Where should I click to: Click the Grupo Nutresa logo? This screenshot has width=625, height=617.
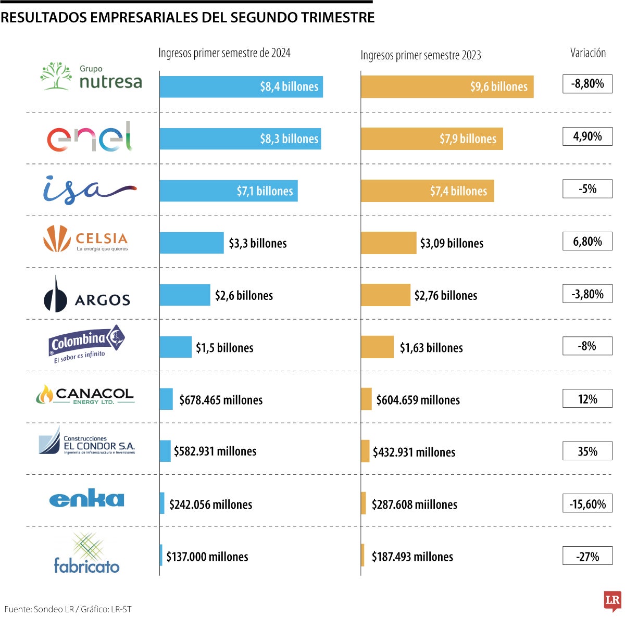click(91, 77)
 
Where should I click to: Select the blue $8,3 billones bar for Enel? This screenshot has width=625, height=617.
click(240, 139)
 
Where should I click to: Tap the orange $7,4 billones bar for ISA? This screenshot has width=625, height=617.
click(427, 191)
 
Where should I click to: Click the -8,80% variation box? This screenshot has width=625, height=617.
click(587, 84)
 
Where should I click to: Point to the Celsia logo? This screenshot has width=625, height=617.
click(85, 240)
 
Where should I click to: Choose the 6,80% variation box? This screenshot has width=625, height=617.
click(587, 242)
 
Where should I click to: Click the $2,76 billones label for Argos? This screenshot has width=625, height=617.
click(445, 296)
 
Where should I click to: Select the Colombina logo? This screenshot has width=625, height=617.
click(86, 344)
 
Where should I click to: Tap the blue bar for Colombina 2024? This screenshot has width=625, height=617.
click(176, 347)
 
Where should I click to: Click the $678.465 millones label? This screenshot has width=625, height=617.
click(221, 400)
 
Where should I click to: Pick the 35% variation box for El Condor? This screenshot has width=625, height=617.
click(587, 451)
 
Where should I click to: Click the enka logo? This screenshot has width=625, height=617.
click(86, 499)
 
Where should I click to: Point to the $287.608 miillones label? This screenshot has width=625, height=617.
click(414, 505)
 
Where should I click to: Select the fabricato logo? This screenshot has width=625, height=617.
click(86, 554)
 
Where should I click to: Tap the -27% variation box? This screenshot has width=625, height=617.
click(587, 557)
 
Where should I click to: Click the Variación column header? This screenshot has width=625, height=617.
click(587, 53)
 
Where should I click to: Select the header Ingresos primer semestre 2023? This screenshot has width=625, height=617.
click(420, 55)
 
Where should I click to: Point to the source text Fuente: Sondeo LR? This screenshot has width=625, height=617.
click(39, 609)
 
